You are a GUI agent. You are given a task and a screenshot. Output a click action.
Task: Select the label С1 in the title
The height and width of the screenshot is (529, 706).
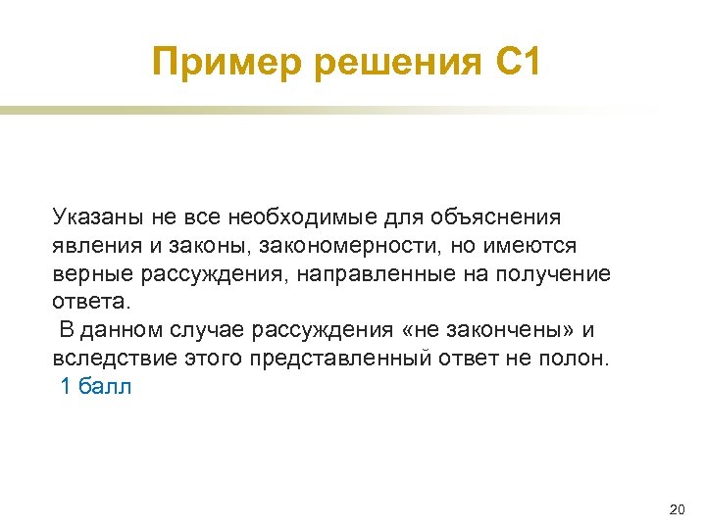[x=514, y=65]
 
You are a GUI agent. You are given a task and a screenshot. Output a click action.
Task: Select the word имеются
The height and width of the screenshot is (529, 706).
[x=535, y=244]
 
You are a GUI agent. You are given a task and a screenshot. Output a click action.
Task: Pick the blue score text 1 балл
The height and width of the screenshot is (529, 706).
[x=96, y=386]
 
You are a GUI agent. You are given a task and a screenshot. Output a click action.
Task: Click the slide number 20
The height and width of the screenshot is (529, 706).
[x=676, y=509]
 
